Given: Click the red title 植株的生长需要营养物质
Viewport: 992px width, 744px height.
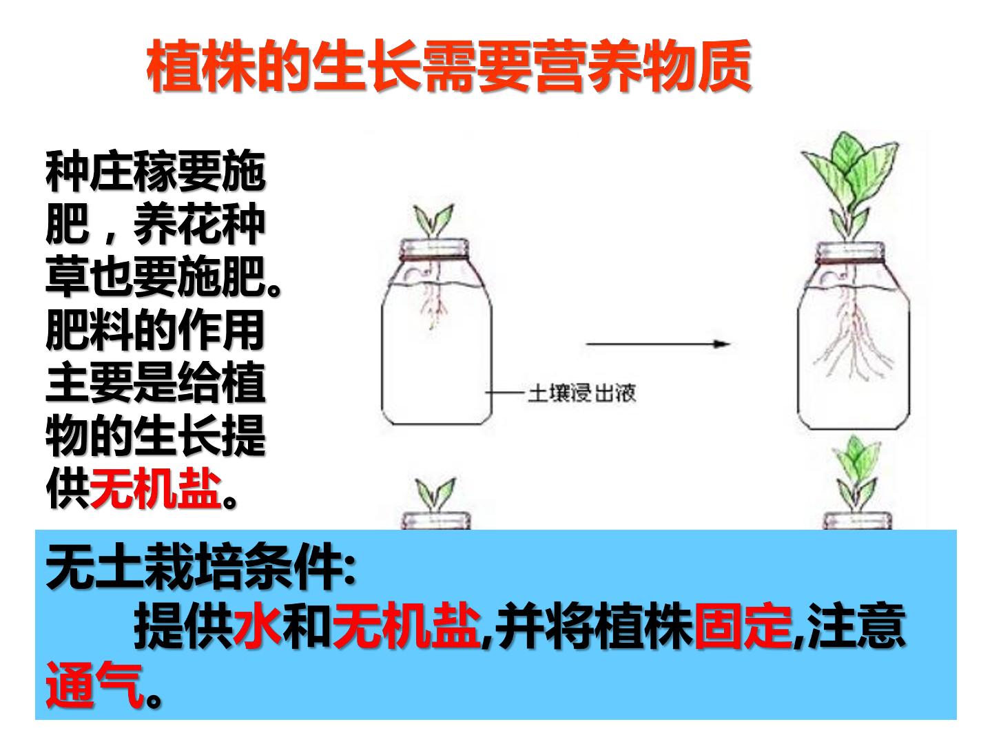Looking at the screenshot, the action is click(448, 66).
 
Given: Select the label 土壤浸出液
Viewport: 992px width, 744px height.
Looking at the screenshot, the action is click(582, 393).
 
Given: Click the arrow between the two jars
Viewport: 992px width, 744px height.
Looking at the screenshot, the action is click(658, 344).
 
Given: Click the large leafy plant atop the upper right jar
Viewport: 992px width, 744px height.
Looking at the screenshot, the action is click(849, 185).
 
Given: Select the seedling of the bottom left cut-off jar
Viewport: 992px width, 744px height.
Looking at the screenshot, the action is click(435, 495).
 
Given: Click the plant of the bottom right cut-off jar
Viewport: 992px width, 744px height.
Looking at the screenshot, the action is click(856, 475).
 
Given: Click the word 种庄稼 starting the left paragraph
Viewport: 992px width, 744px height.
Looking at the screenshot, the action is click(112, 172).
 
